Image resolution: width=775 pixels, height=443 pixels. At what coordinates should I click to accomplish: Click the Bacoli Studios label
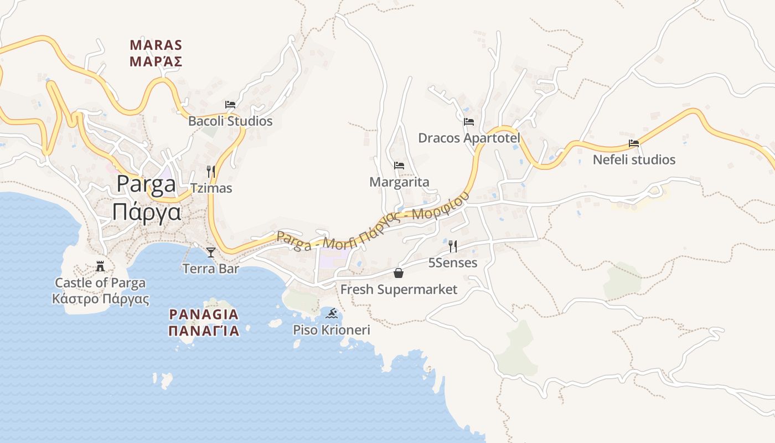[230, 121]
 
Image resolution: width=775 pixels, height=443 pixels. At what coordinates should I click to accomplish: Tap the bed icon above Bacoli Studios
[230, 104]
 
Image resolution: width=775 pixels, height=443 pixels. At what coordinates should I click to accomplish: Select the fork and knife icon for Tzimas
[211, 171]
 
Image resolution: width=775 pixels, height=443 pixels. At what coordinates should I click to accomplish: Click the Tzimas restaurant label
[211, 188]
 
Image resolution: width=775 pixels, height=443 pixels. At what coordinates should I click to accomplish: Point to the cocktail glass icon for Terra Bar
[211, 253]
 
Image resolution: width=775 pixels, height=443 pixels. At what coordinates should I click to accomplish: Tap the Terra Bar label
[211, 269]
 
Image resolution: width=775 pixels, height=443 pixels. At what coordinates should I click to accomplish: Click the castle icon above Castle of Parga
[100, 266]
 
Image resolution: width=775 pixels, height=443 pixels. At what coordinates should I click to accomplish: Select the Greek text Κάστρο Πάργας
[100, 300]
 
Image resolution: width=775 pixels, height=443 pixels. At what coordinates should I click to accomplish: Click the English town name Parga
[146, 184]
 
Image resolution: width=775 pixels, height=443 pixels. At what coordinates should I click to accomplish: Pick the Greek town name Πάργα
[146, 212]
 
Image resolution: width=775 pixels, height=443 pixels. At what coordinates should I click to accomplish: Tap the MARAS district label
[156, 45]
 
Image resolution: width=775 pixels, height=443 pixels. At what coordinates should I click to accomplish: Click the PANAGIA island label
[204, 315]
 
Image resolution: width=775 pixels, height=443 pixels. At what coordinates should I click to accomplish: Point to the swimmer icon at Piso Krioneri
[332, 314]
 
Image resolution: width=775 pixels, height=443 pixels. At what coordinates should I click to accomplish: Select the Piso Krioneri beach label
[332, 330]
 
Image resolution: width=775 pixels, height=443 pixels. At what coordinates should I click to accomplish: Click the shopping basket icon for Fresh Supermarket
[399, 272]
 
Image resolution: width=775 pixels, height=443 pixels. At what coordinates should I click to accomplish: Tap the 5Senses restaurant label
[453, 262]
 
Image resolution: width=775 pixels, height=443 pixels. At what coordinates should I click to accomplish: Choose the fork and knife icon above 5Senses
[453, 246]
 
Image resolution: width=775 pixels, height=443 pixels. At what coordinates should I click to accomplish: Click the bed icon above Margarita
[399, 165]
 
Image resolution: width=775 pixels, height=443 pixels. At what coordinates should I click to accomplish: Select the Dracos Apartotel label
[469, 138]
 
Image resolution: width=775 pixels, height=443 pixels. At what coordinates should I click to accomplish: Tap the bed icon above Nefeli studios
[634, 143]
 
